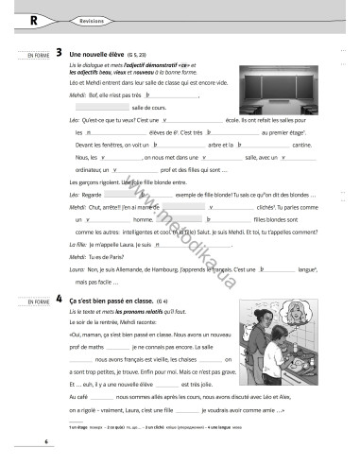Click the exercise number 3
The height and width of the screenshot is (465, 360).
click(60, 53)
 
